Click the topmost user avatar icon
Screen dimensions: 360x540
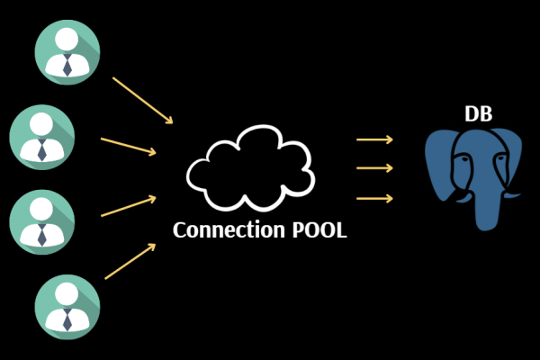[x=67, y=51]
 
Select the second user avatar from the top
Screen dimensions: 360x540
[x=41, y=136]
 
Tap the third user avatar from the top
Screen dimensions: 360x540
[x=41, y=220]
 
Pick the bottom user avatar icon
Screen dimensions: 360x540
[x=67, y=305]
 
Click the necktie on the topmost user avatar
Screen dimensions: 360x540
[x=67, y=65]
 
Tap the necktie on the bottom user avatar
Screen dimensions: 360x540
[x=67, y=319]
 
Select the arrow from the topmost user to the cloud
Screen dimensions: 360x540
[x=141, y=100]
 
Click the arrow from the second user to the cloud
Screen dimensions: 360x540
[x=129, y=146]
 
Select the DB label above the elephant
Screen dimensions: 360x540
[x=478, y=114]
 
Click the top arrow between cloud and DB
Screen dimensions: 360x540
[x=374, y=139]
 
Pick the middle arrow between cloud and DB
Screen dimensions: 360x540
[x=374, y=168]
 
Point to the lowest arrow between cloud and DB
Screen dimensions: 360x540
[x=374, y=198]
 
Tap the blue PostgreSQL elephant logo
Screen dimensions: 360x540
[x=472, y=175]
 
